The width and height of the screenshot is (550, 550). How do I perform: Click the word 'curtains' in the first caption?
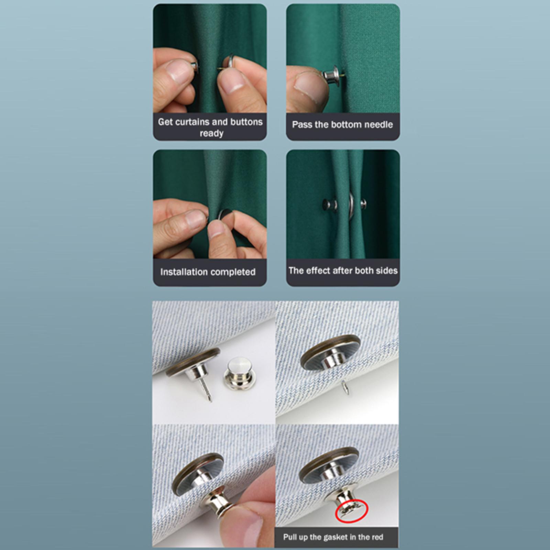pos(194,122)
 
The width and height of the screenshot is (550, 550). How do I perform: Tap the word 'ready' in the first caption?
pos(211,134)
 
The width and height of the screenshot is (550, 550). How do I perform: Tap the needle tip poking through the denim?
pos(345,387)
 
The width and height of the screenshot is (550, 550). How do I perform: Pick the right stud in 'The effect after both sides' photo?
pos(363,204)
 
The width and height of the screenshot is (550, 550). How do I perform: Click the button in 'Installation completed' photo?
pos(225,217)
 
